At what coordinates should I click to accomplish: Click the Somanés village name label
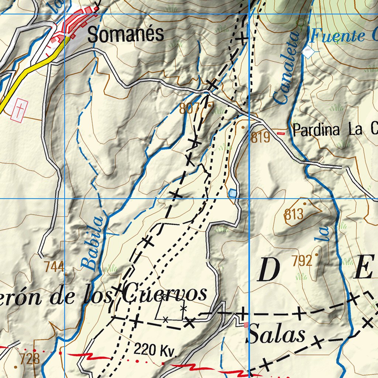click(x=126, y=35)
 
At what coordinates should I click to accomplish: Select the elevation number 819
click(x=261, y=138)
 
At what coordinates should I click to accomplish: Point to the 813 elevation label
click(x=294, y=214)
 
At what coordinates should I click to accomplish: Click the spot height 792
click(x=302, y=261)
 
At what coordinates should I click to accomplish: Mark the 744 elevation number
click(x=54, y=266)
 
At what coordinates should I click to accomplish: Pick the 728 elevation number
click(x=30, y=358)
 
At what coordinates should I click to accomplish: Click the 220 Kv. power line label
click(x=155, y=350)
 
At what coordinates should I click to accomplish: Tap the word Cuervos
click(x=165, y=294)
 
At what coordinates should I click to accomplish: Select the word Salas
click(x=277, y=335)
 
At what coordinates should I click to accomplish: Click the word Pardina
click(x=316, y=130)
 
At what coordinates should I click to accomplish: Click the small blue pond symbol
click(x=233, y=193)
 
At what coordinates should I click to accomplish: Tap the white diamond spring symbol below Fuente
click(x=308, y=52)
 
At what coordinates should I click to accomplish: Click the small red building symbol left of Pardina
click(x=281, y=134)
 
